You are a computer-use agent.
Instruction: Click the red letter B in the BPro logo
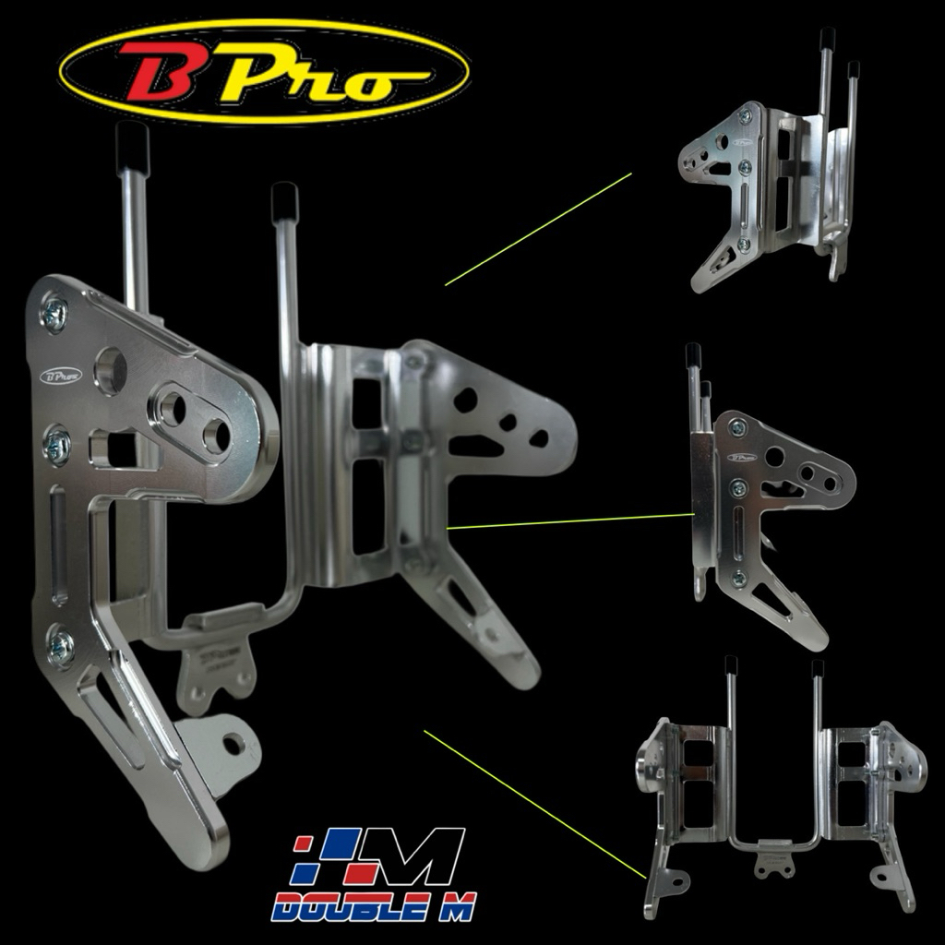pos(159,71)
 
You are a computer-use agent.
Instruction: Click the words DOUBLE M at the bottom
pos(374,905)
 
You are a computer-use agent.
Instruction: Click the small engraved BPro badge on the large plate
pos(61,377)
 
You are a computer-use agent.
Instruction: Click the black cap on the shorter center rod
pos(284,202)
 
